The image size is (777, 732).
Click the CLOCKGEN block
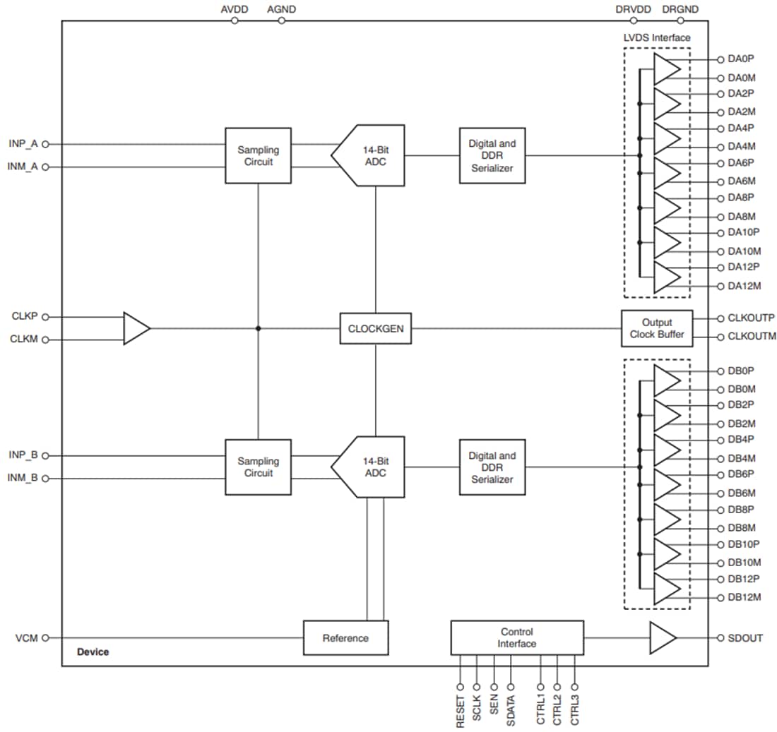pyautogui.click(x=375, y=328)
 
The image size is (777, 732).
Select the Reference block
pyautogui.click(x=345, y=637)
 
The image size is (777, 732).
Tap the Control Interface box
pyautogui.click(x=516, y=637)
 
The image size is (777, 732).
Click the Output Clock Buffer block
pyautogui.click(x=657, y=328)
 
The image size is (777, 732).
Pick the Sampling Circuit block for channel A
pyautogui.click(x=258, y=155)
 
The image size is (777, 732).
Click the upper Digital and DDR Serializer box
pyautogui.click(x=492, y=155)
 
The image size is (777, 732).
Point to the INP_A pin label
pyautogui.click(x=23, y=143)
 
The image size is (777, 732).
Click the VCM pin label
pyautogui.click(x=28, y=637)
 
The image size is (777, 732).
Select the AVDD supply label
pyautogui.click(x=235, y=10)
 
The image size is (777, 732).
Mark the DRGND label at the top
pyautogui.click(x=680, y=10)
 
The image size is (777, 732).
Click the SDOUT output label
pyautogui.click(x=745, y=637)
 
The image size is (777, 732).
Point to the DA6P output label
pyautogui.click(x=742, y=162)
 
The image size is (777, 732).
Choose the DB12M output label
pyautogui.click(x=744, y=597)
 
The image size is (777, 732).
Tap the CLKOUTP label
pyautogui.click(x=751, y=318)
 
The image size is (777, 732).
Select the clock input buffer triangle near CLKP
pyautogui.click(x=136, y=328)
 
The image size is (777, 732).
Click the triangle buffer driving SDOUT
pyautogui.click(x=662, y=637)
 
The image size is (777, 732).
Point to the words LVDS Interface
pyautogui.click(x=658, y=37)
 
